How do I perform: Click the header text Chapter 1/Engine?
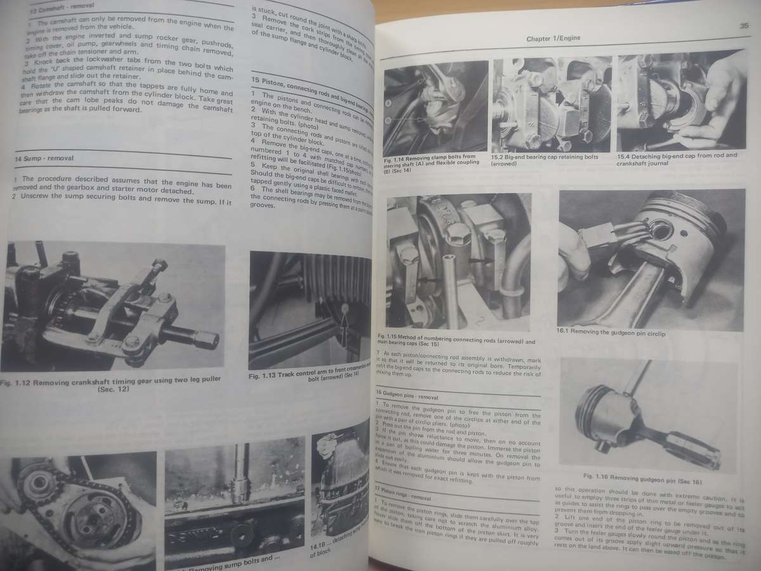(553, 39)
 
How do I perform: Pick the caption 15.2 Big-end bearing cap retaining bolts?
(544, 159)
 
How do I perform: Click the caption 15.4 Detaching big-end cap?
(676, 159)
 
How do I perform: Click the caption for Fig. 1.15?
(447, 338)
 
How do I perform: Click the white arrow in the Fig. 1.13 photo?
(344, 324)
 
